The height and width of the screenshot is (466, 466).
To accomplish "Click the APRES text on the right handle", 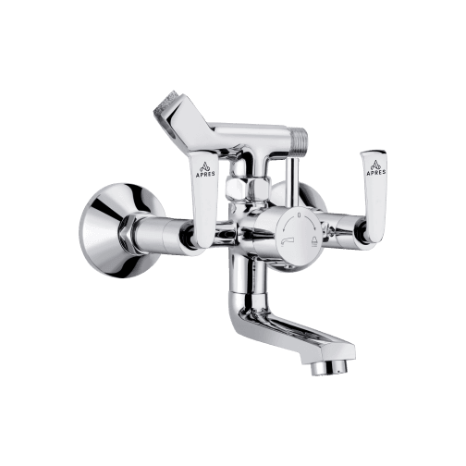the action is tap(376, 173).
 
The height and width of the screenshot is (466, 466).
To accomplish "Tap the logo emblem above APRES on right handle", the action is tap(376, 165).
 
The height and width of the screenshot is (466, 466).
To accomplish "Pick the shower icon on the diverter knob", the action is tap(313, 241).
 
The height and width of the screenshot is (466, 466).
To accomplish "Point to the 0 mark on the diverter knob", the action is tap(299, 215).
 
